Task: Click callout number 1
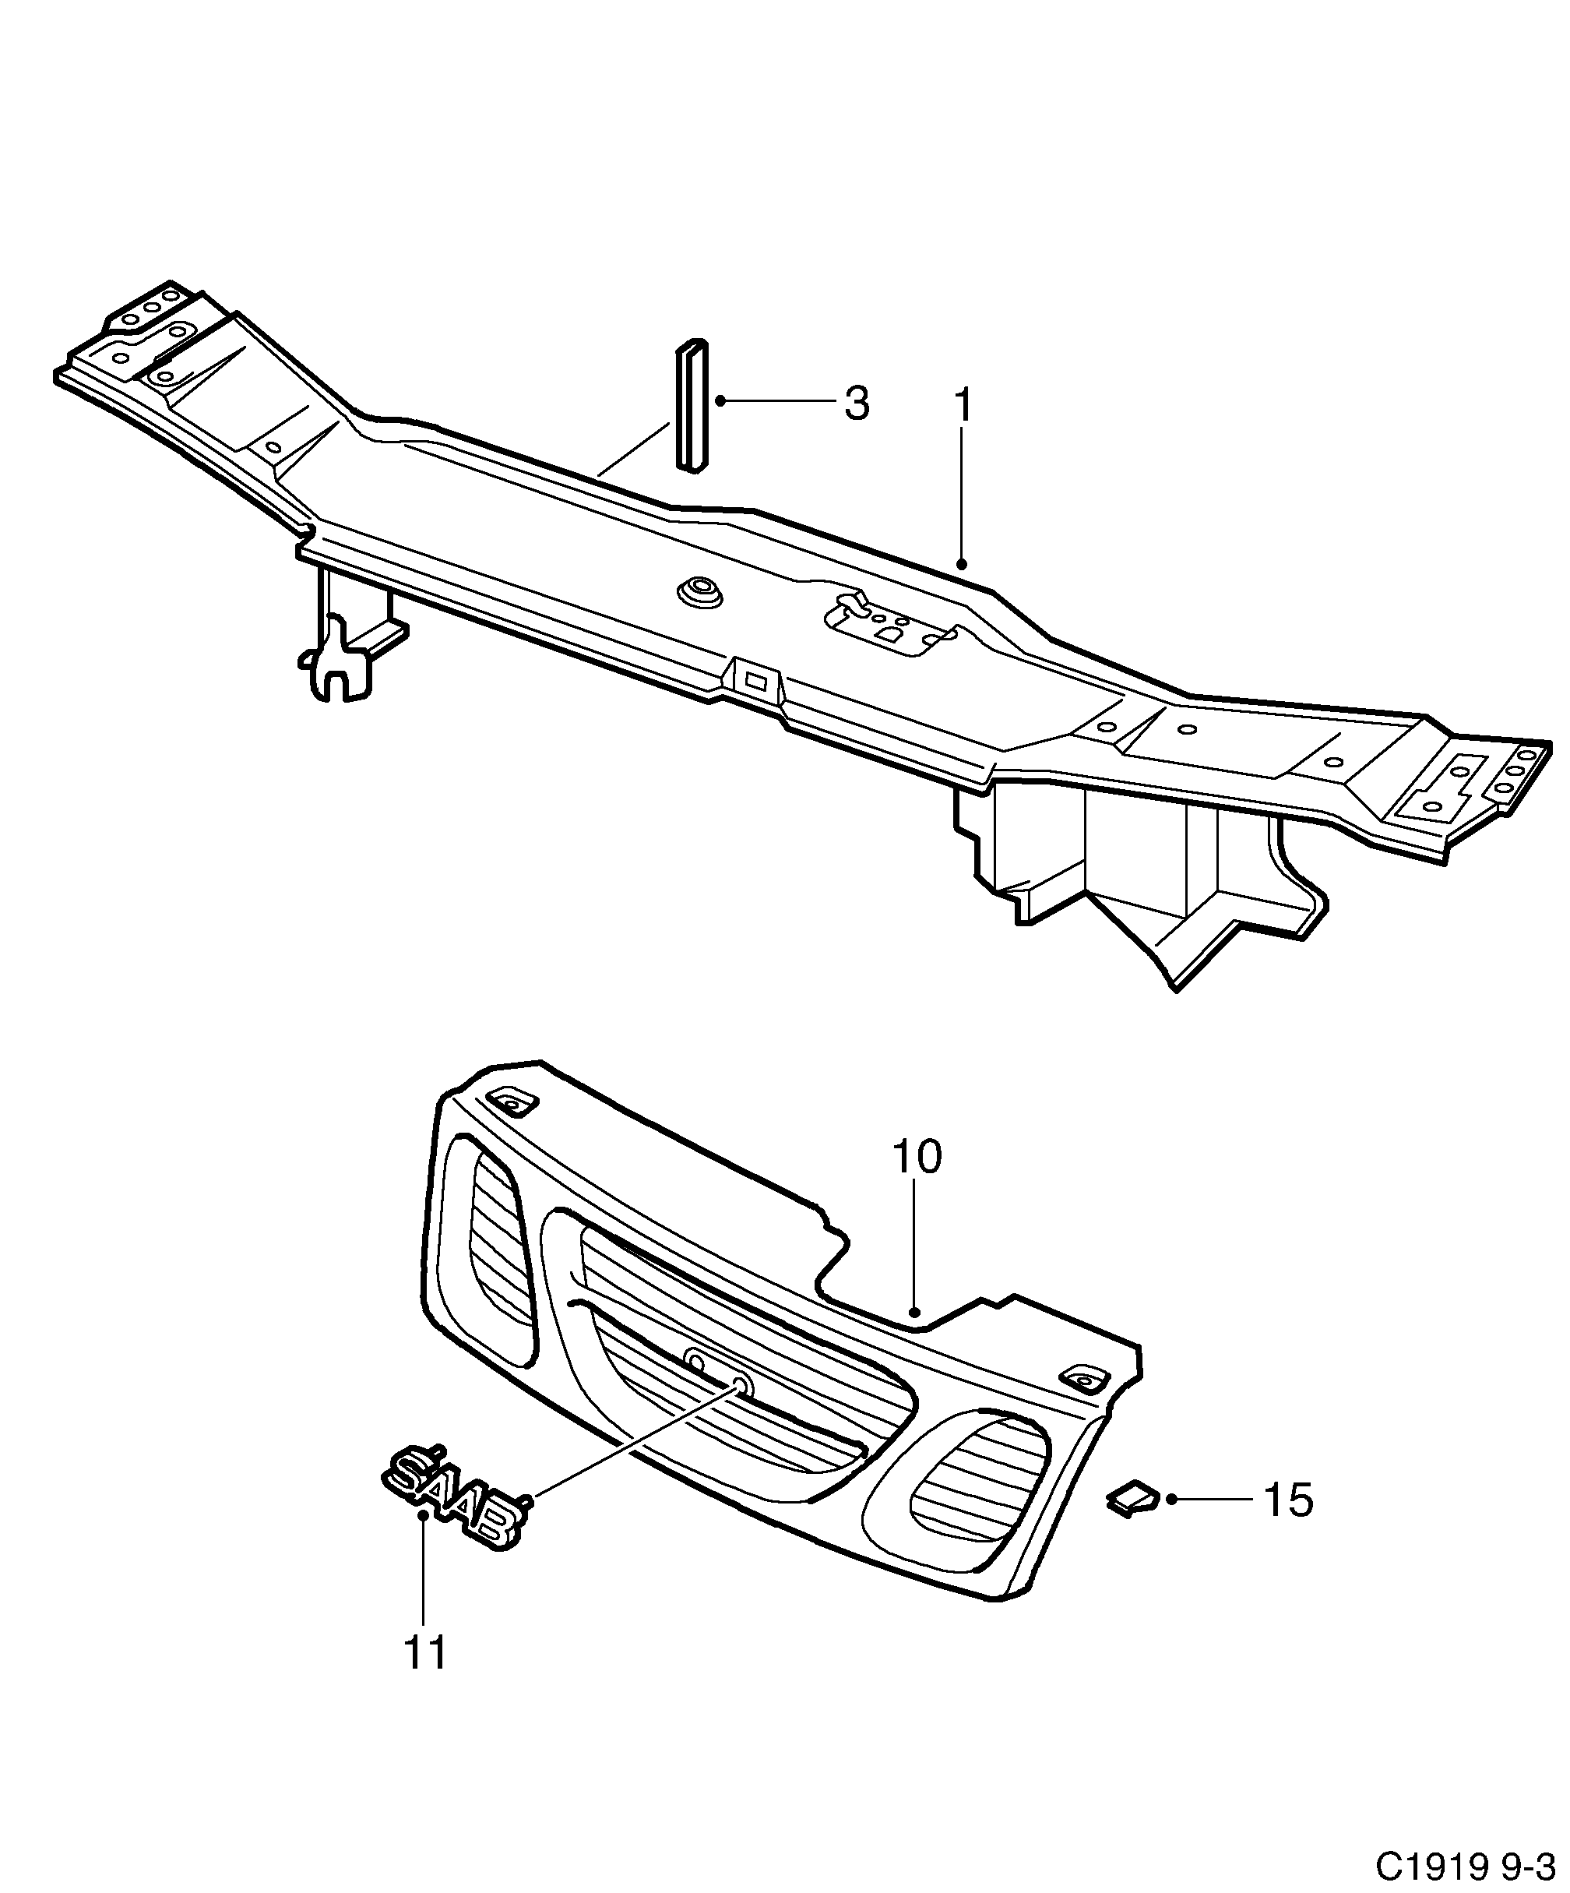pyautogui.click(x=963, y=406)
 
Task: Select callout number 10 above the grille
pyautogui.click(x=917, y=1157)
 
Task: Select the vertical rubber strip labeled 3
pyautogui.click(x=692, y=406)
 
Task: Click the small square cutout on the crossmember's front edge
pyautogui.click(x=755, y=679)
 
